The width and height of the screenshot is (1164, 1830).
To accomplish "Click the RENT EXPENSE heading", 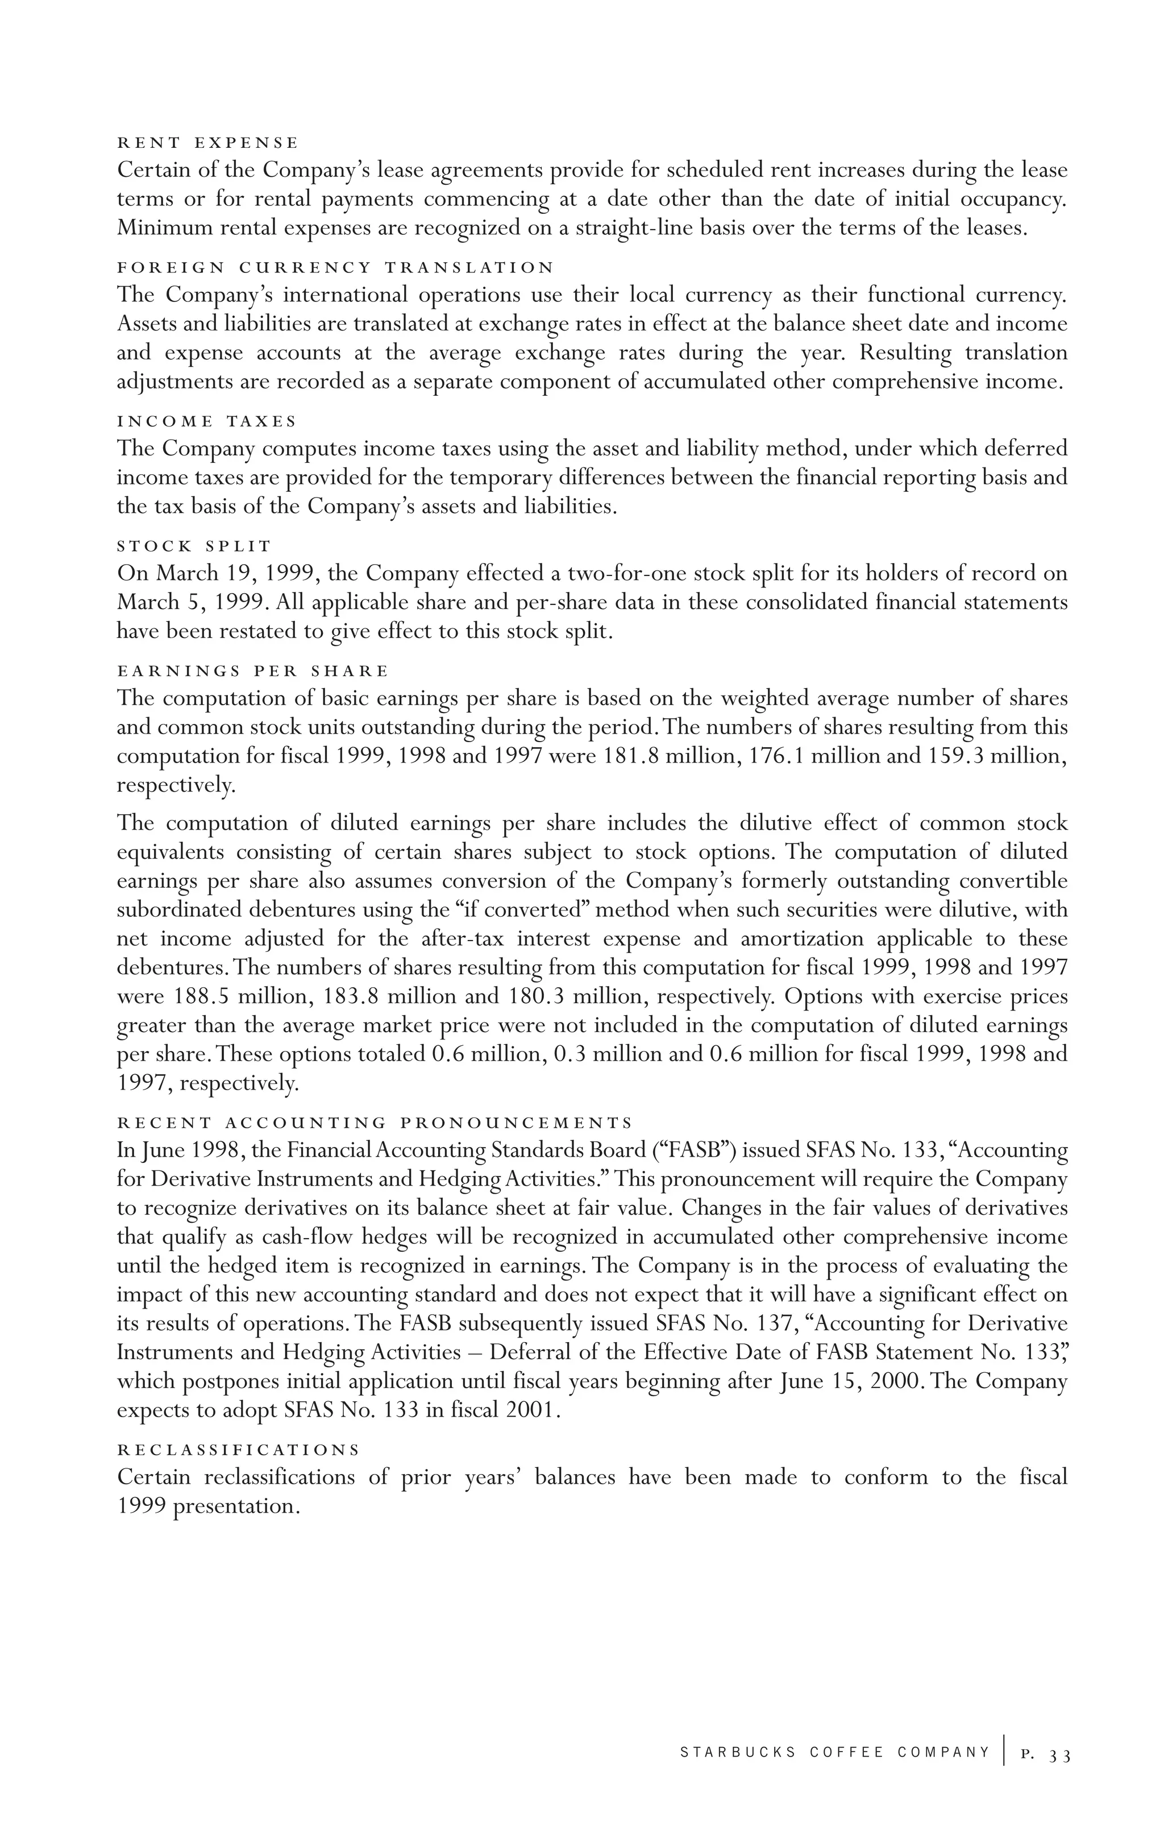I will click(207, 143).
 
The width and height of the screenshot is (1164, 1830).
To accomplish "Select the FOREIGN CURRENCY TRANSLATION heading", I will click(335, 267).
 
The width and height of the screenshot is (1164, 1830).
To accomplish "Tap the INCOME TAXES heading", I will click(207, 421).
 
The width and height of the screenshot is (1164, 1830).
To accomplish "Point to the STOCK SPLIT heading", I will click(194, 546).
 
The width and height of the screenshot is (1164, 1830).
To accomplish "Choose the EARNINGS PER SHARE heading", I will click(252, 671).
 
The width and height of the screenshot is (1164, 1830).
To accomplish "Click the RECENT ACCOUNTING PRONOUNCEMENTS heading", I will click(375, 1123).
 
